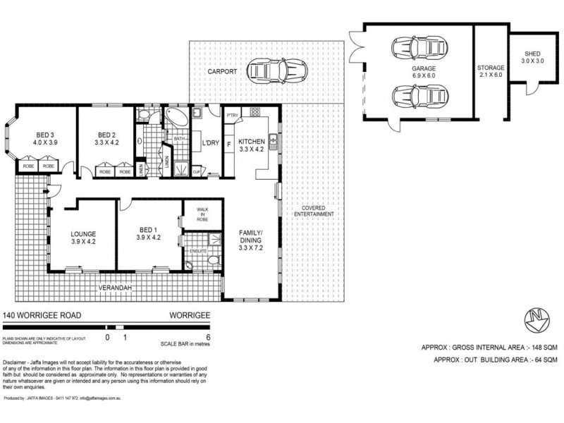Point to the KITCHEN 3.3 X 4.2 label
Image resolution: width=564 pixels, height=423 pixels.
click(251, 145)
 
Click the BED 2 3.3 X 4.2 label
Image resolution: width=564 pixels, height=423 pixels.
click(106, 138)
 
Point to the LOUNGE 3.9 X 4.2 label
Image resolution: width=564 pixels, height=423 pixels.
click(82, 237)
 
